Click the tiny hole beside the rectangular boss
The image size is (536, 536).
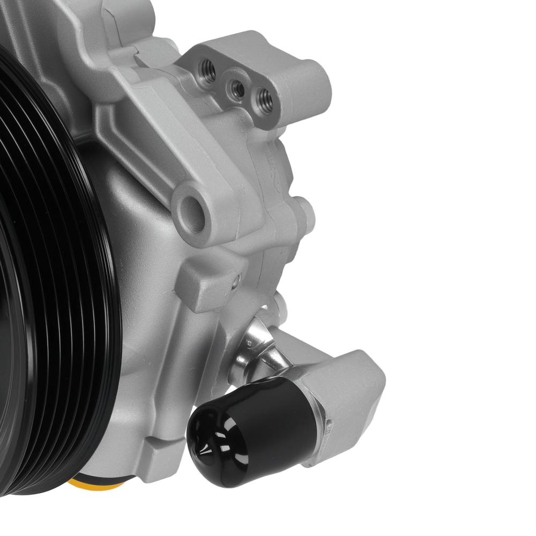[235, 279]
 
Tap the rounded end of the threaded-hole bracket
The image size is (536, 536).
[311, 80]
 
